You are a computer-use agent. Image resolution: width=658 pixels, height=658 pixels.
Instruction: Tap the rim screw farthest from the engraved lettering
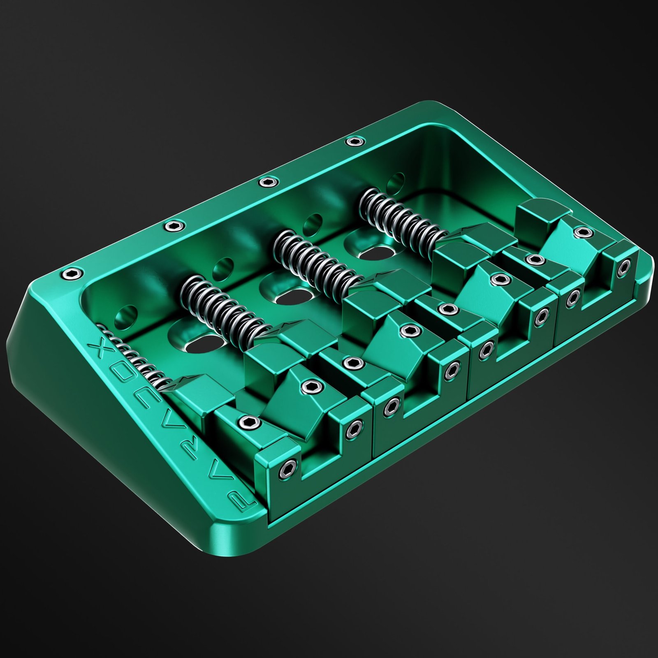pos(355,141)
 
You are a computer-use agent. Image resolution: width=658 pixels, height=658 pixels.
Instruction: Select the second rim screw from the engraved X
pos(174,225)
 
